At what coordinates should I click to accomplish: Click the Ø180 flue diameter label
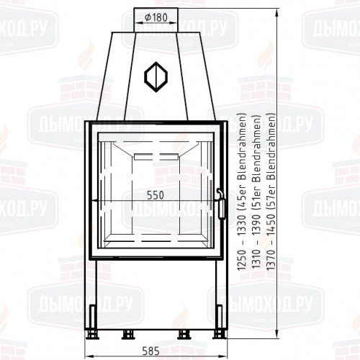(x=151, y=17)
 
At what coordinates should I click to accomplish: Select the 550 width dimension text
(x=156, y=195)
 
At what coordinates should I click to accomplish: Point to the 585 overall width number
(x=150, y=352)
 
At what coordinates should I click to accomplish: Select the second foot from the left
(x=130, y=333)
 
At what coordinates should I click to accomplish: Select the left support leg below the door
(x=94, y=295)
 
